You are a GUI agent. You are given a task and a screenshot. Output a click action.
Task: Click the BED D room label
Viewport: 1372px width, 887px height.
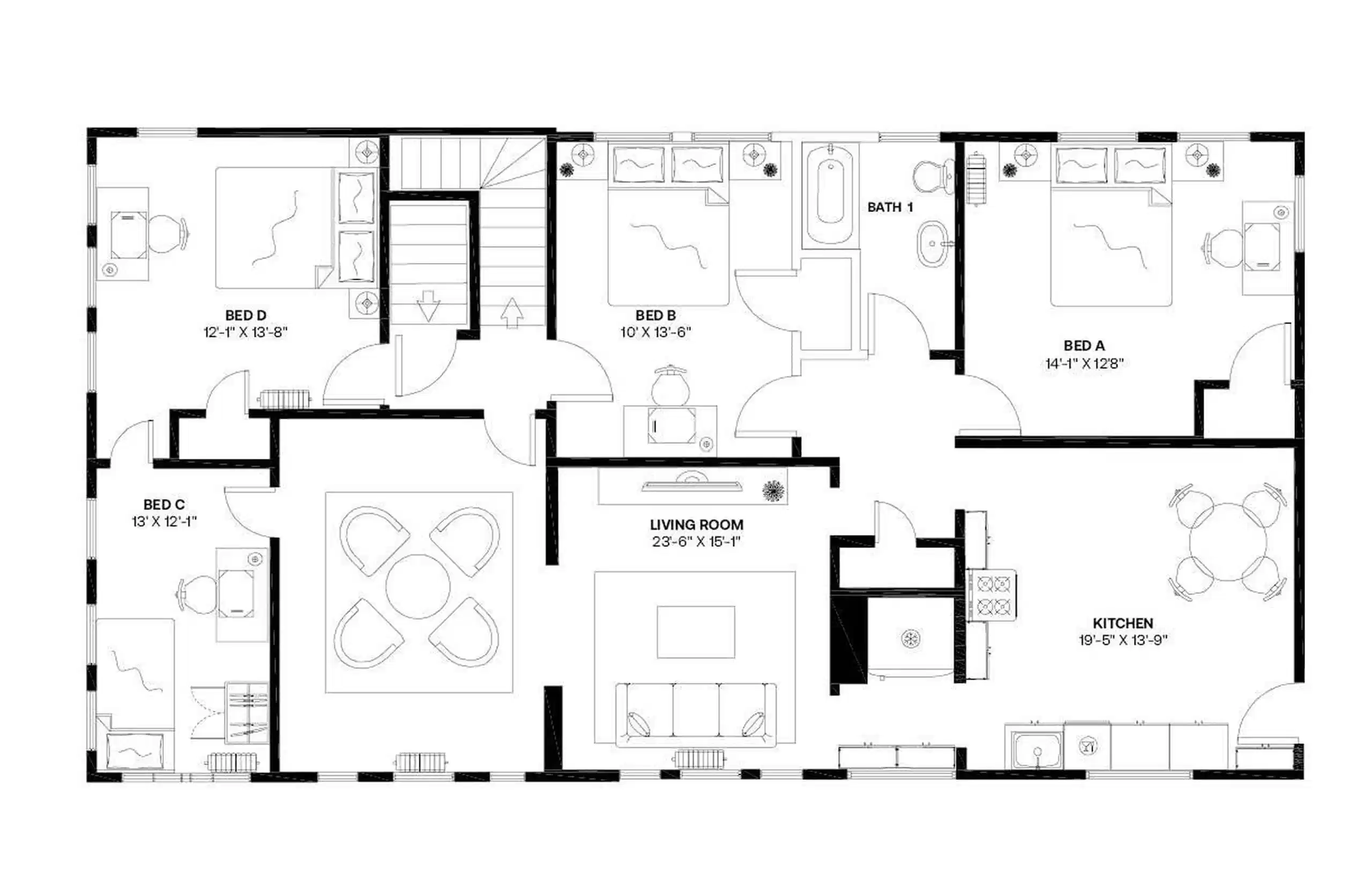(x=245, y=315)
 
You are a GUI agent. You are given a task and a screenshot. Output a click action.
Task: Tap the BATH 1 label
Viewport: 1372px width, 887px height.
(x=890, y=207)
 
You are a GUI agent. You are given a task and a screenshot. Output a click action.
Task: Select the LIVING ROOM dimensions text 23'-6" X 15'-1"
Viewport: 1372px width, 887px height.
(x=696, y=542)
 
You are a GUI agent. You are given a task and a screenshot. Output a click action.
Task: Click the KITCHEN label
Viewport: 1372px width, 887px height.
(x=1122, y=623)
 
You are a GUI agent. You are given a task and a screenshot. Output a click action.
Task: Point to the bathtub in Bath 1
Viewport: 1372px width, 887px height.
(x=830, y=194)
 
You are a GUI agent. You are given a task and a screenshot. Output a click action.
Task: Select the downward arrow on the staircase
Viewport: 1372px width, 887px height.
(x=428, y=306)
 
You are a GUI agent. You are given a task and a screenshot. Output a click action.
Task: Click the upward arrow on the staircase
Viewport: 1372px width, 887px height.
(x=511, y=313)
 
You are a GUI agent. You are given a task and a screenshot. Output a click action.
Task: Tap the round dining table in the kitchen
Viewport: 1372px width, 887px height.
(x=1227, y=542)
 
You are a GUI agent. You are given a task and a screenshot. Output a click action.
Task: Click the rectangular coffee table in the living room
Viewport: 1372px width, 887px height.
(x=696, y=632)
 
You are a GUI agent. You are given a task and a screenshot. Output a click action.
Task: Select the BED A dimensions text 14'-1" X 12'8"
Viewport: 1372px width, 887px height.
(x=1084, y=364)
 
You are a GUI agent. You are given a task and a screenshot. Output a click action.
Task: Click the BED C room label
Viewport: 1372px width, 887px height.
(x=163, y=505)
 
